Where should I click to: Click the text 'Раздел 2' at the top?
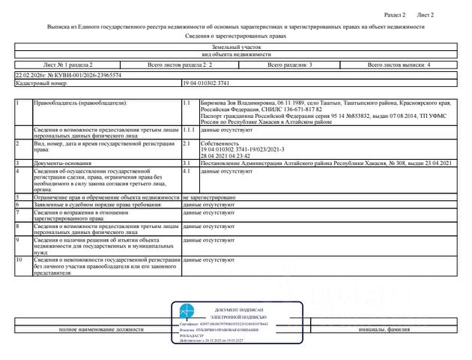coord(394,15)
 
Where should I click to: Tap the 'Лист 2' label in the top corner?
coord(425,15)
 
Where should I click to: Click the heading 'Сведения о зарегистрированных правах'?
coord(235,35)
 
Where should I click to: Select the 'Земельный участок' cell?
coord(235,47)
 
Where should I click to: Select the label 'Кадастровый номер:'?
coord(37,84)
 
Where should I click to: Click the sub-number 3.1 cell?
coord(187,162)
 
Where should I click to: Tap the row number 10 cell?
coord(19,259)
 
